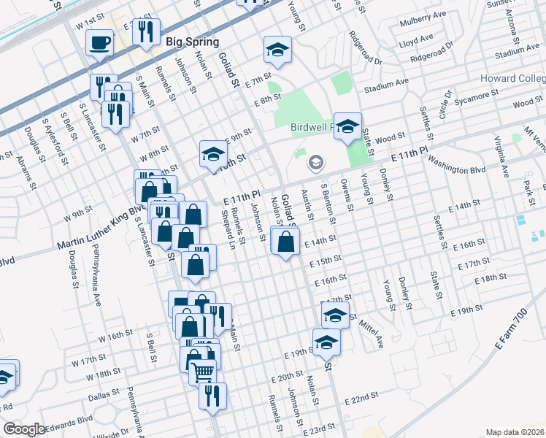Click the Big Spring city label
point(193,42)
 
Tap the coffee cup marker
point(99,43)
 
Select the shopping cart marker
point(202,373)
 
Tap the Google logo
point(24,430)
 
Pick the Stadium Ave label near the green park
point(386,86)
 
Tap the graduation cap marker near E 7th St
point(277,51)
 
